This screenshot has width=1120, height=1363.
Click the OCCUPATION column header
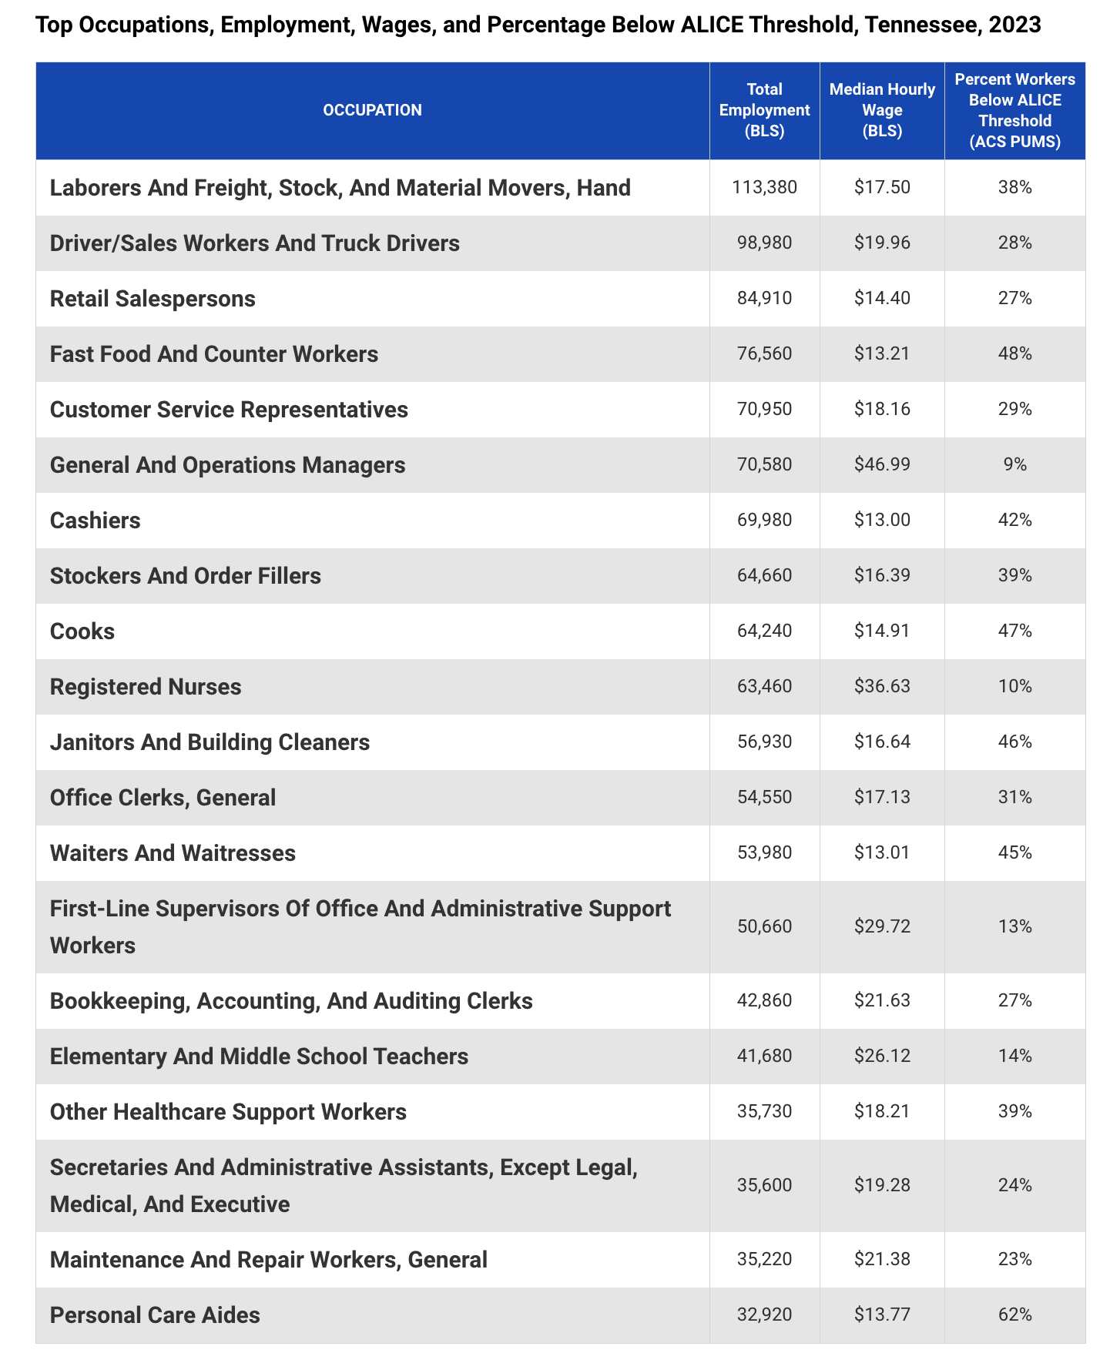pyautogui.click(x=372, y=110)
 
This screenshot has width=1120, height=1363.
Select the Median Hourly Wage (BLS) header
pyautogui.click(x=882, y=110)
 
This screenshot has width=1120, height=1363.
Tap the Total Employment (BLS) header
pyautogui.click(x=764, y=110)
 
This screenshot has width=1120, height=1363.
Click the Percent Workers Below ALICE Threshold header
pyautogui.click(x=1014, y=110)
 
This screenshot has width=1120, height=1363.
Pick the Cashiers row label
pyautogui.click(x=96, y=521)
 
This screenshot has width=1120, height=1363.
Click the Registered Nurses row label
pyautogui.click(x=146, y=687)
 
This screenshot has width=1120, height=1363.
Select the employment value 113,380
pyautogui.click(x=764, y=187)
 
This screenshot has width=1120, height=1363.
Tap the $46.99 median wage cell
pyautogui.click(x=882, y=464)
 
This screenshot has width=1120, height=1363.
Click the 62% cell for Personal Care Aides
pyautogui.click(x=1014, y=1314)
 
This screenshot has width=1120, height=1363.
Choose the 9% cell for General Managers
pyautogui.click(x=1014, y=464)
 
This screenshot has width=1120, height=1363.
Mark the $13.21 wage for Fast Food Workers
pyautogui.click(x=882, y=353)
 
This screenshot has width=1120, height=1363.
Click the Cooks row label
pyautogui.click(x=82, y=631)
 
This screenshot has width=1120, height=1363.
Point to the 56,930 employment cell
pyautogui.click(x=764, y=742)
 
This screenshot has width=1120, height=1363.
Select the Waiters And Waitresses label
pyautogui.click(x=173, y=853)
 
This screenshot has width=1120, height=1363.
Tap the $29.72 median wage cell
pyautogui.click(x=882, y=926)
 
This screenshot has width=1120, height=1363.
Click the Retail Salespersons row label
pyautogui.click(x=153, y=299)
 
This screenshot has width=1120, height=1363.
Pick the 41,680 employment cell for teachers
pyautogui.click(x=764, y=1056)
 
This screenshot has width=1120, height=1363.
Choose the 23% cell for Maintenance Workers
pyautogui.click(x=1014, y=1259)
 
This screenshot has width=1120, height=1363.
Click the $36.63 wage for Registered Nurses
pyautogui.click(x=882, y=686)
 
